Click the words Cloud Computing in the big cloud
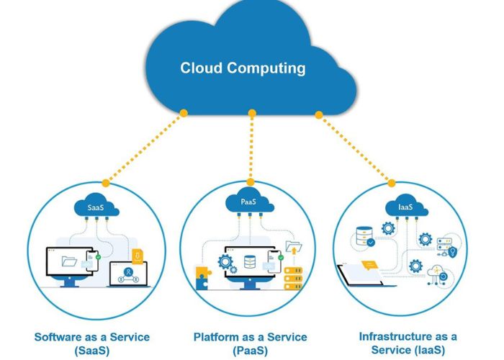point(243,68)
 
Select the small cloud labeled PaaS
point(248,202)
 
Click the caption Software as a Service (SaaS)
point(91,343)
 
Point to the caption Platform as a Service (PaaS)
point(250,343)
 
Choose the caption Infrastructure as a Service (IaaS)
point(408,343)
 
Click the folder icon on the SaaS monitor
point(69,261)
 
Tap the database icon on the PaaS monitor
point(249,261)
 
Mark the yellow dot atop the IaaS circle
point(392,183)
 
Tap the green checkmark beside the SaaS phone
point(98,256)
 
